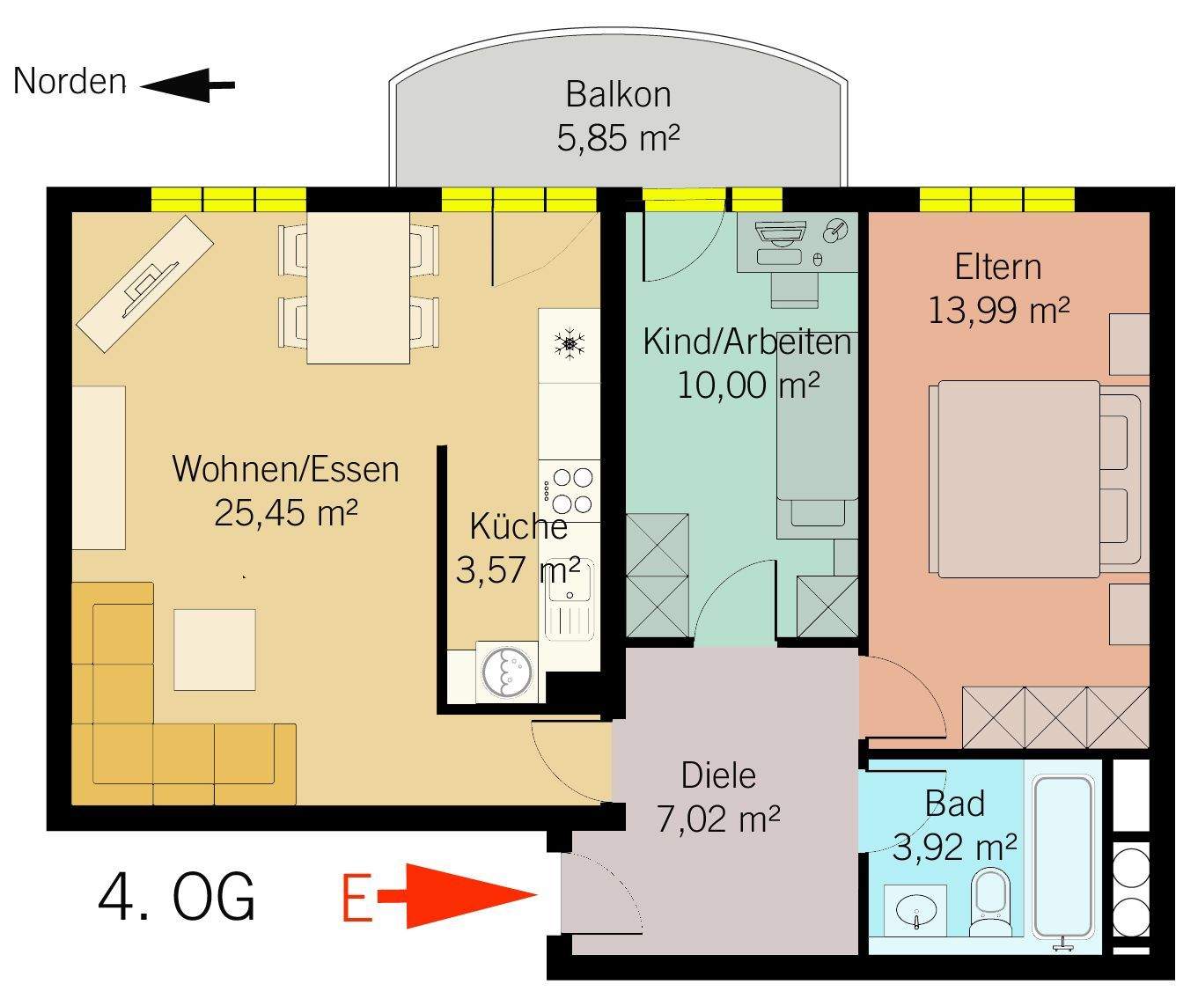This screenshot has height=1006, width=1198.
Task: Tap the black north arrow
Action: (x=187, y=85)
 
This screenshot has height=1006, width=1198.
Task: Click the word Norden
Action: (x=70, y=81)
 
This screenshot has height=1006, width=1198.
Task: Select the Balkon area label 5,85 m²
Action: (x=618, y=138)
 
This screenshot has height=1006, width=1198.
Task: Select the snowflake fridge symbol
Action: (x=570, y=343)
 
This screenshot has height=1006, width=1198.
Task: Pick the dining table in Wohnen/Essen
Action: (x=358, y=287)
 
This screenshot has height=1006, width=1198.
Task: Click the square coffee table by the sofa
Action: (x=215, y=650)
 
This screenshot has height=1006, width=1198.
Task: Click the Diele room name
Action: (x=718, y=775)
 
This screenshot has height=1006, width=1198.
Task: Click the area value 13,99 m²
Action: (x=998, y=310)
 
